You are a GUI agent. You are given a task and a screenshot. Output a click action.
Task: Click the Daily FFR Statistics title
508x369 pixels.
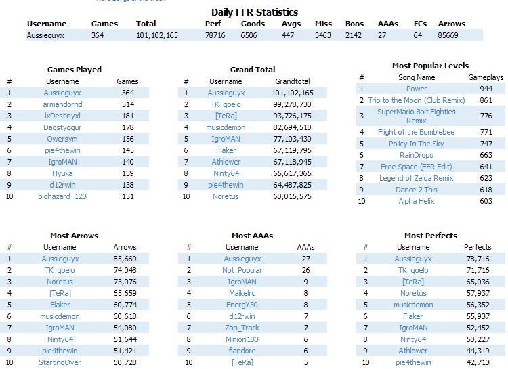pyautogui.click(x=254, y=12)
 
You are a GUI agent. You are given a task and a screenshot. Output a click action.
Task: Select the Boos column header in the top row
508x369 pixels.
pyautogui.click(x=354, y=24)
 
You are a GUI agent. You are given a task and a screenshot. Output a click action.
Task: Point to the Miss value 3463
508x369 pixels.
pyautogui.click(x=323, y=35)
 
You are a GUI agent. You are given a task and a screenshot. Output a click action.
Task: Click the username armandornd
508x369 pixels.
pyautogui.click(x=62, y=104)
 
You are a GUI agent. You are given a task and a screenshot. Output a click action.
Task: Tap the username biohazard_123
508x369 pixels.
pyautogui.click(x=62, y=196)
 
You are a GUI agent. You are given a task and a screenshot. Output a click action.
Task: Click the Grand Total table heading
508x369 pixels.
pyautogui.click(x=252, y=70)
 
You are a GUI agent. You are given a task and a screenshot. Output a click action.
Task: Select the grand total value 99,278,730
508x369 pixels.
pyautogui.click(x=292, y=104)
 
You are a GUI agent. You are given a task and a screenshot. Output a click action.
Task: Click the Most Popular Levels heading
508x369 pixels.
pyautogui.click(x=429, y=66)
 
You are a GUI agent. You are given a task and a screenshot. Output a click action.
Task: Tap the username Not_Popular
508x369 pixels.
pyautogui.click(x=242, y=270)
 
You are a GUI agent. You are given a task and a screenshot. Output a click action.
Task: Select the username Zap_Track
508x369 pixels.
pyautogui.click(x=242, y=328)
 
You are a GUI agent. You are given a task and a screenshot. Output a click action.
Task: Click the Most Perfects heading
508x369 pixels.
pyautogui.click(x=431, y=236)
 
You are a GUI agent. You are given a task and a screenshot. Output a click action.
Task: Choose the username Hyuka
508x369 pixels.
pyautogui.click(x=62, y=173)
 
